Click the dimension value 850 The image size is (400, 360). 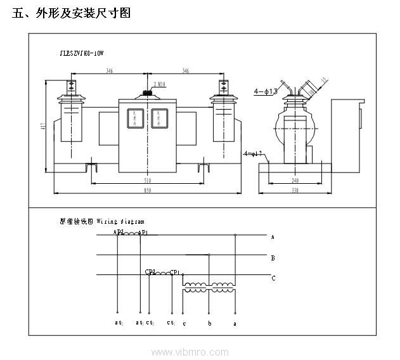[x=147, y=190]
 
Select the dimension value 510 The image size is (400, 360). [x=147, y=181]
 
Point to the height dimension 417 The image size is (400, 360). [x=42, y=126]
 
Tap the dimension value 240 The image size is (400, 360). [x=295, y=181]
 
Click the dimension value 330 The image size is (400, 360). [x=295, y=190]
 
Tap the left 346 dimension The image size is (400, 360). [x=110, y=72]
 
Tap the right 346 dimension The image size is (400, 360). [x=185, y=72]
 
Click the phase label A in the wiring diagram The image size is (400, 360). [x=273, y=237]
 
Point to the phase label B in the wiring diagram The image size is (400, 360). [x=273, y=258]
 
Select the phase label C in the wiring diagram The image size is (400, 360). [x=273, y=278]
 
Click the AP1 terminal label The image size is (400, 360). [x=143, y=233]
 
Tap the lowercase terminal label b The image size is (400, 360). [x=210, y=323]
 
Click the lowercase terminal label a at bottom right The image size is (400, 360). [x=236, y=323]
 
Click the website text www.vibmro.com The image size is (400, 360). [x=190, y=352]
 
